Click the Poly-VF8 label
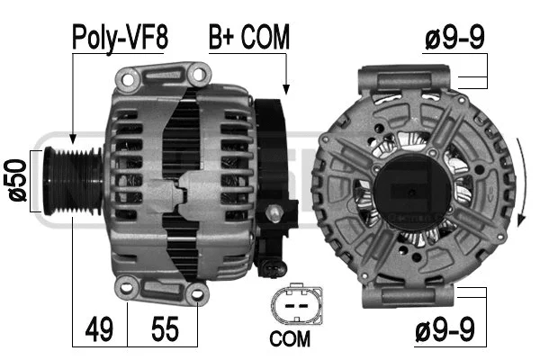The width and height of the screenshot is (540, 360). point(120,37)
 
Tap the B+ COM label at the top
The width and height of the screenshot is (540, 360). point(249,37)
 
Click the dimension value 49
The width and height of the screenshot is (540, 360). point(100,329)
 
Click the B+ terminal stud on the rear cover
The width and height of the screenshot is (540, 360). point(274,213)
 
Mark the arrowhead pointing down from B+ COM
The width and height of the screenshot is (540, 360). point(286,88)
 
